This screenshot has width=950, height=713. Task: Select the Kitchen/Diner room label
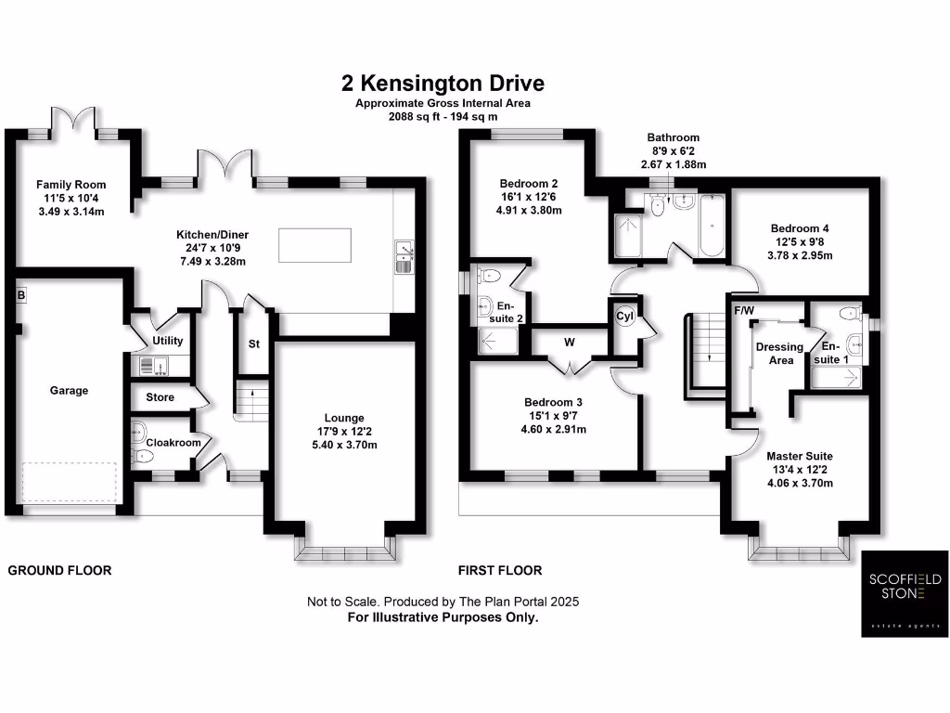[213, 234]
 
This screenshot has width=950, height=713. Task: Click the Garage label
[70, 391]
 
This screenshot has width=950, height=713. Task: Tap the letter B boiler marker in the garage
[19, 295]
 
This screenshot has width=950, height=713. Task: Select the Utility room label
[168, 341]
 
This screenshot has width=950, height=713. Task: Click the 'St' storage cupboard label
[253, 344]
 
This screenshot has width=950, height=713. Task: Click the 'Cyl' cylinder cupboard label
[624, 317]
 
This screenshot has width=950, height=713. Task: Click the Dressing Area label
[780, 354]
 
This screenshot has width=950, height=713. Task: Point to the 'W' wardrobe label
[570, 342]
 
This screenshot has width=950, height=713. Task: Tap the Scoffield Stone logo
[904, 594]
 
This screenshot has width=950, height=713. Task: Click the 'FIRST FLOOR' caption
[500, 570]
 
